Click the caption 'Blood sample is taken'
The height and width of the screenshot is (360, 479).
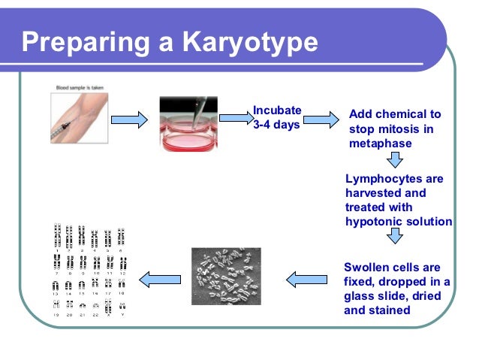80,89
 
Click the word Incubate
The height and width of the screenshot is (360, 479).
276,110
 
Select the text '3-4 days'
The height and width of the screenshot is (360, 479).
276,124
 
